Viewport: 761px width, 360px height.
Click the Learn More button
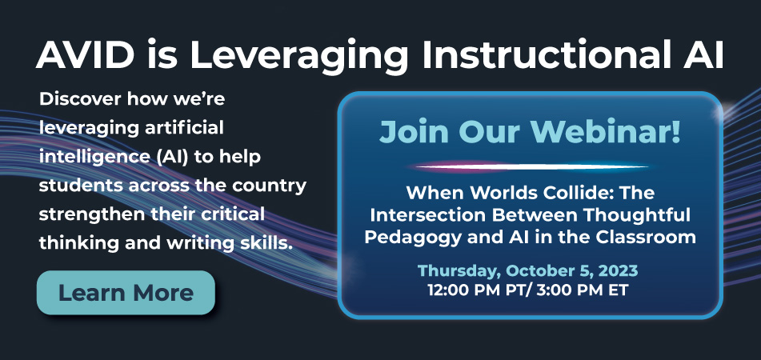(126, 293)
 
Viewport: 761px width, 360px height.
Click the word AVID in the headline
(85, 55)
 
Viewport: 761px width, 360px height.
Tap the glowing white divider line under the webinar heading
(531, 167)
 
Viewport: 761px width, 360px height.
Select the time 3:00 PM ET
(583, 290)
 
